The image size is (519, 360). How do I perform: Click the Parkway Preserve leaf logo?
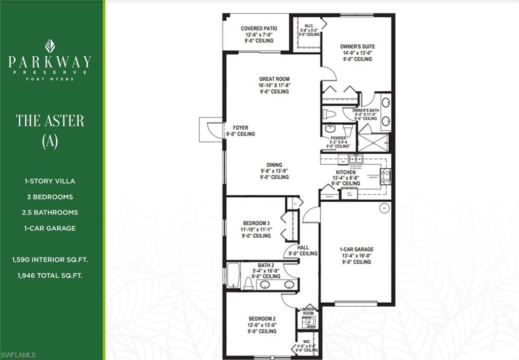coord(50,46)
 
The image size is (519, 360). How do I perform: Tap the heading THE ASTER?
coord(50,121)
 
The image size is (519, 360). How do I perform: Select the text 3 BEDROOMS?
coord(50,197)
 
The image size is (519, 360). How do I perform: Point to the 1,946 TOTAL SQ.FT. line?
coord(50,276)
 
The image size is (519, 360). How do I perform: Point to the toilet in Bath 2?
coord(248,283)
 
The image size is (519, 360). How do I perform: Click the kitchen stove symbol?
coord(386,176)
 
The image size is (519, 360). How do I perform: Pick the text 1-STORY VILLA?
coord(50,181)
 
